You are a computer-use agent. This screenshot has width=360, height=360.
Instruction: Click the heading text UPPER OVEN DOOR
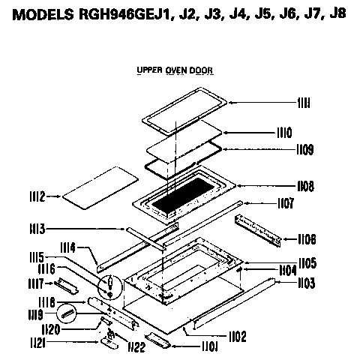pos(175,70)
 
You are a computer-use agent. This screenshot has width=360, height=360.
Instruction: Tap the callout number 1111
pos(282,102)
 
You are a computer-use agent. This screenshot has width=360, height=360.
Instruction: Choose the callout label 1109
pos(282,150)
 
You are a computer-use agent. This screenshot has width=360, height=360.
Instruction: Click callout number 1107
pos(282,203)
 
